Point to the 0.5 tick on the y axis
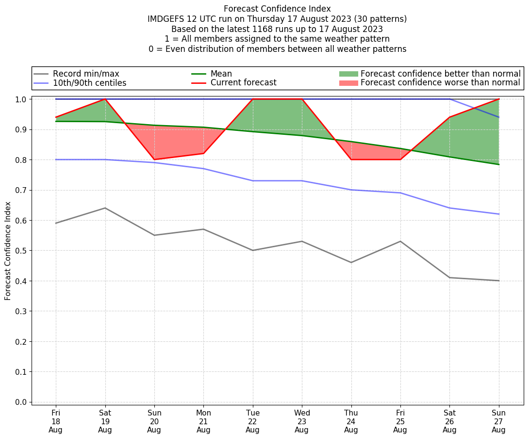21,251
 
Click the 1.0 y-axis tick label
21,99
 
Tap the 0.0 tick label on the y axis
21,402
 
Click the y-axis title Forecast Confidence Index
8,251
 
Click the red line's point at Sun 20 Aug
154,160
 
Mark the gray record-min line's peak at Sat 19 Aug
105,208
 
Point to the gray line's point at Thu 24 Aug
351,262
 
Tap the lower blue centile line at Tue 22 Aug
253,181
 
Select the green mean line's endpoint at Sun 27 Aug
498,164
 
